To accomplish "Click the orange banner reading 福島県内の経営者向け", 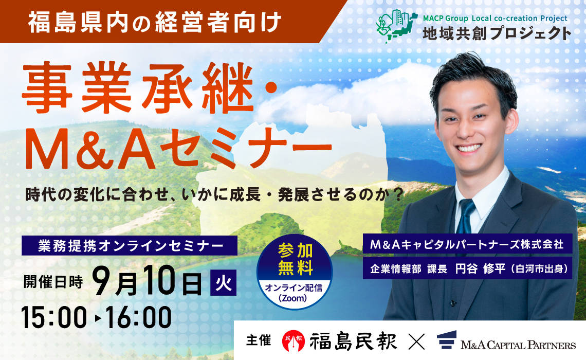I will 154,22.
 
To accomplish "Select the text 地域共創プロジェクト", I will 497,33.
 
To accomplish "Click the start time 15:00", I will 53,317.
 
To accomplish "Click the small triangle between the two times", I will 98,318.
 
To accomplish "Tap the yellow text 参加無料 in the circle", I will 295,260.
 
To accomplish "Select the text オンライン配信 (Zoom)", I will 294,293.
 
